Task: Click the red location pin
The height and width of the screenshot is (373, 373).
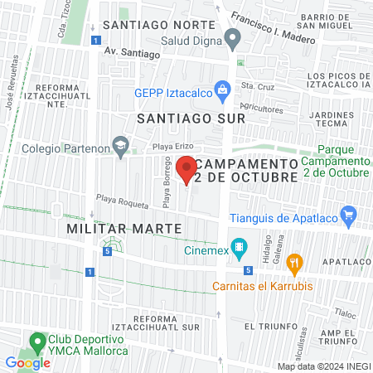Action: click(187, 168)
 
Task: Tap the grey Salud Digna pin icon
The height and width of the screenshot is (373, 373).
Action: click(233, 37)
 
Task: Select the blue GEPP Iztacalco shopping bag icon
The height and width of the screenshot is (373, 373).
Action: click(221, 90)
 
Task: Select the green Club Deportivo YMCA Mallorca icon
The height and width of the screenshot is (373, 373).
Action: click(36, 341)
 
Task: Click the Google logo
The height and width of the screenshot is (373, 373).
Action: click(27, 362)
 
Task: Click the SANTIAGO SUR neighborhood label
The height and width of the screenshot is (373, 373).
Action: click(191, 118)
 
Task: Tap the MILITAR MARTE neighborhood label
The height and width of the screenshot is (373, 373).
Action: click(114, 227)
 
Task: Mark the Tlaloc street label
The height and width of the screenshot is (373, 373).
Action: click(346, 313)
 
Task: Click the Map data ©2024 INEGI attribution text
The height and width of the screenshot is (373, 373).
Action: click(323, 366)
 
